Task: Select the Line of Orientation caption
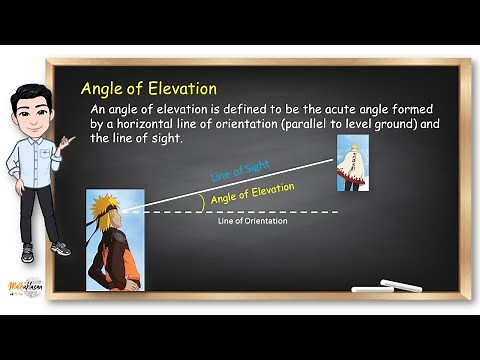tap(252, 221)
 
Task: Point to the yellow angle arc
tap(205, 201)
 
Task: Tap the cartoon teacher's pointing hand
tap(67, 143)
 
